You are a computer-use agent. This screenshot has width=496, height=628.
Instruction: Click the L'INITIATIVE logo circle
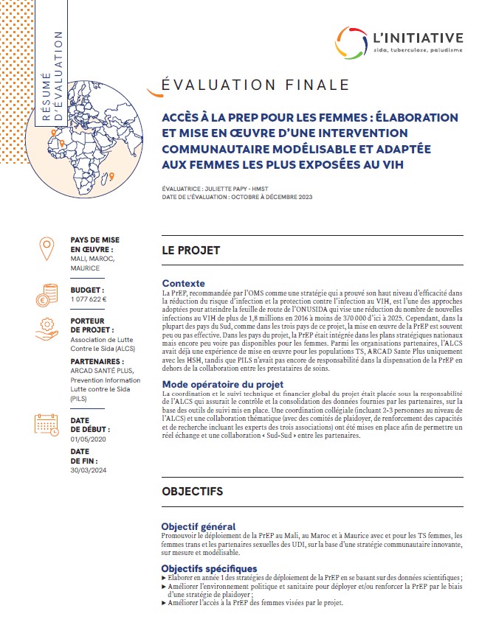(x=355, y=43)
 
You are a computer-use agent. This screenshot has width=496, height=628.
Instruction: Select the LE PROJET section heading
(x=191, y=251)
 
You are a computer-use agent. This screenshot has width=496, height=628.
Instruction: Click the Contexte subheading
(x=184, y=283)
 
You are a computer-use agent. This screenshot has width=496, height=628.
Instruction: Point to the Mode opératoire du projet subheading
(x=222, y=384)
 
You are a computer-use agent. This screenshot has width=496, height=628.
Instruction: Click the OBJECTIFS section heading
(x=192, y=491)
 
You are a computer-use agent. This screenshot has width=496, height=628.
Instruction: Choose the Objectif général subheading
(x=199, y=526)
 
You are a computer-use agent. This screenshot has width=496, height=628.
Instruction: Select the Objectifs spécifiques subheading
(x=209, y=568)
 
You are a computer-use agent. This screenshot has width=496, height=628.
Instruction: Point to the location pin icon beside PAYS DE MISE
(x=46, y=249)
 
